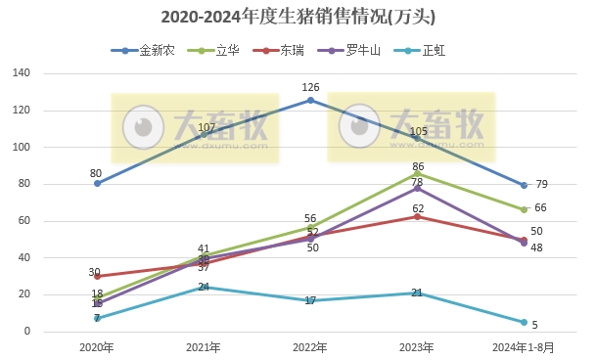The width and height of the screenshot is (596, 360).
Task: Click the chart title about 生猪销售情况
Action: tap(298, 18)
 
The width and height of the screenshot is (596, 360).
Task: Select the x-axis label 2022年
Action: tap(310, 347)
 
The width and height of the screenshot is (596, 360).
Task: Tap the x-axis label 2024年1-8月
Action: tap(524, 347)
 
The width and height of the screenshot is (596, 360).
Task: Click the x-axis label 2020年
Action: tap(97, 347)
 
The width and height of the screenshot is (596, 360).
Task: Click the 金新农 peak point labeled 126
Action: tap(310, 100)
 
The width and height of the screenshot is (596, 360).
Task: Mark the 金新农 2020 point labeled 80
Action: tap(97, 184)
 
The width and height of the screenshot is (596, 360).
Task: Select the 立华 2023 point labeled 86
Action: tap(417, 173)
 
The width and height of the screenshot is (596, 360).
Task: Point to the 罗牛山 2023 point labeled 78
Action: tap(417, 188)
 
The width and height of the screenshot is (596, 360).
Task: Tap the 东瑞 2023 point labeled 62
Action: tap(417, 217)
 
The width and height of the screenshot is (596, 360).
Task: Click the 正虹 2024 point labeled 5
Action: tap(524, 322)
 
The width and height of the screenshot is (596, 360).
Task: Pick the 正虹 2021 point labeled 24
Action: tap(204, 288)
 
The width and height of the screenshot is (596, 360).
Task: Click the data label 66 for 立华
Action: tap(540, 208)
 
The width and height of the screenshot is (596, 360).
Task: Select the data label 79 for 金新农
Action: tap(541, 185)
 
